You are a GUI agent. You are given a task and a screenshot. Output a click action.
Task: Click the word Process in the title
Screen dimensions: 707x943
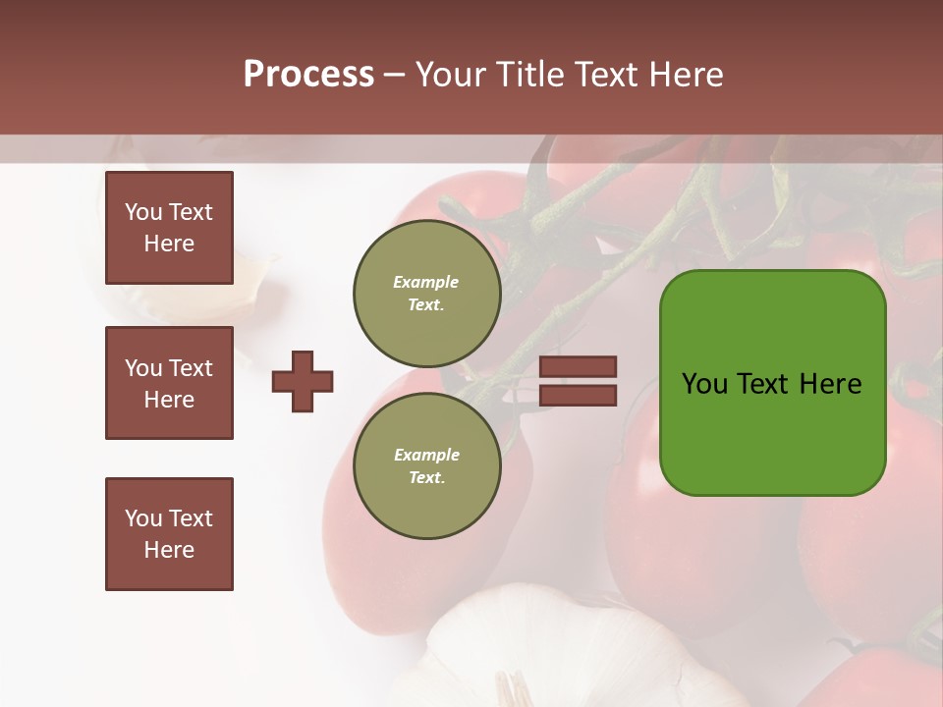pyautogui.click(x=308, y=75)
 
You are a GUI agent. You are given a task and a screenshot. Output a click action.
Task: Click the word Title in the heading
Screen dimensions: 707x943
pyautogui.click(x=528, y=75)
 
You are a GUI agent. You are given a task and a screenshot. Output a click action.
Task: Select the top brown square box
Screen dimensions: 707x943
pyautogui.click(x=169, y=228)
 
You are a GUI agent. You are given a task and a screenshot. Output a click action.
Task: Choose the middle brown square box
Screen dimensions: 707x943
pyautogui.click(x=169, y=383)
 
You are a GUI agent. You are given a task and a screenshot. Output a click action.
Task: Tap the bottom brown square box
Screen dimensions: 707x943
pyautogui.click(x=169, y=534)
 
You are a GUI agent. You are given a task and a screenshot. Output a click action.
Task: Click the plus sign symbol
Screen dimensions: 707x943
pyautogui.click(x=303, y=381)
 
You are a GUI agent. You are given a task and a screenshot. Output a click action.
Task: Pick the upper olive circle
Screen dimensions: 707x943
pyautogui.click(x=426, y=293)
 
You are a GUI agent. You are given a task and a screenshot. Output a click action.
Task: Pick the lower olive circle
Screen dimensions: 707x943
pyautogui.click(x=426, y=465)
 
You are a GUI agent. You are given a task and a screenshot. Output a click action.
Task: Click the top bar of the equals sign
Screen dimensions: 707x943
pyautogui.click(x=578, y=367)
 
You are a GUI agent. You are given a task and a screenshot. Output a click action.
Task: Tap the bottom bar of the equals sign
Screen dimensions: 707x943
pyautogui.click(x=578, y=396)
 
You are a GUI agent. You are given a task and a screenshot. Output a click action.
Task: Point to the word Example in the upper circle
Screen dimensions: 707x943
pyautogui.click(x=425, y=282)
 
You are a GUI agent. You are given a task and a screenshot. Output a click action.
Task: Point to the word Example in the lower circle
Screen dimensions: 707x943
pyautogui.click(x=426, y=455)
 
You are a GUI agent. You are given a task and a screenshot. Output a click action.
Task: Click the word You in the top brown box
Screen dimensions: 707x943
pyautogui.click(x=143, y=212)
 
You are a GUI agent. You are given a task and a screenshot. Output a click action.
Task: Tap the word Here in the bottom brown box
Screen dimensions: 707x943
pyautogui.click(x=169, y=550)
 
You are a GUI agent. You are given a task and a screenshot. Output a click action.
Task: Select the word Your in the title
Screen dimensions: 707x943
pyautogui.click(x=450, y=75)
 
